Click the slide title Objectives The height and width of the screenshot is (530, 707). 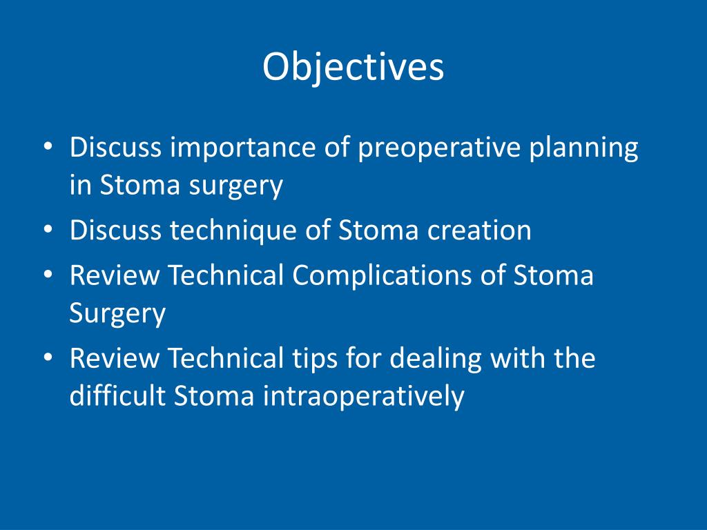353,68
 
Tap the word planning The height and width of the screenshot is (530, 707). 584,149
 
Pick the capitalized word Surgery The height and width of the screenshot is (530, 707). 118,314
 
